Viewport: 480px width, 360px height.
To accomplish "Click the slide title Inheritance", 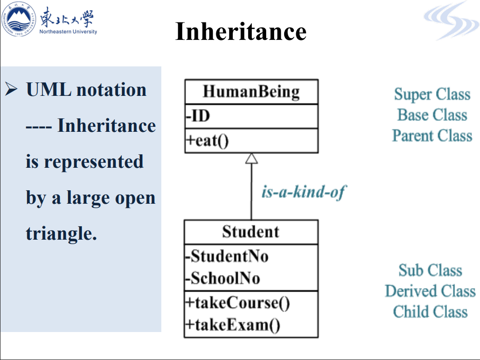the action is [241, 31].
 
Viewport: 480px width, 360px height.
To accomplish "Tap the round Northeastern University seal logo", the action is [18, 19].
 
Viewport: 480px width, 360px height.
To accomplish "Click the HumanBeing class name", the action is [251, 92].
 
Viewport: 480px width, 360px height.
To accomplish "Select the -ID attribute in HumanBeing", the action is [198, 116].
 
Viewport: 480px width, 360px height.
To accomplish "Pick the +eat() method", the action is [207, 141].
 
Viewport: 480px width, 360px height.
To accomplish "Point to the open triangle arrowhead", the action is [252, 158].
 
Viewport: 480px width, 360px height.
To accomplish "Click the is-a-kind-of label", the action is [304, 192].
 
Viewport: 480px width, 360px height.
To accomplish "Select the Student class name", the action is [251, 232].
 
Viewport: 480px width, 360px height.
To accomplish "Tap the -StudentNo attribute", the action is [227, 256].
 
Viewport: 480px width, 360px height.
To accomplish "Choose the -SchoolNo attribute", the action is [223, 278].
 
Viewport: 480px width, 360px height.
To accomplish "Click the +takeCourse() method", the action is [238, 303].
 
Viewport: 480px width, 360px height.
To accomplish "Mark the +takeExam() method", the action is [233, 325].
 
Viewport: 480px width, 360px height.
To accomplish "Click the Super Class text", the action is [432, 94].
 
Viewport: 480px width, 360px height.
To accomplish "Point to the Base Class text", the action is [432, 115].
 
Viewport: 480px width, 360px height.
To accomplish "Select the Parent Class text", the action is [432, 136].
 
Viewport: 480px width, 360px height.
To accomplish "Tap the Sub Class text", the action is [431, 270].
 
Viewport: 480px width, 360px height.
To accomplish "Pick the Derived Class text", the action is [431, 291].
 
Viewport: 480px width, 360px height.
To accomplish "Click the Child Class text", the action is [431, 312].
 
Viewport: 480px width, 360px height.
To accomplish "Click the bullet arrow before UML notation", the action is [11, 89].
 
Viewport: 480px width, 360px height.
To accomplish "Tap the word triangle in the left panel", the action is [61, 234].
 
